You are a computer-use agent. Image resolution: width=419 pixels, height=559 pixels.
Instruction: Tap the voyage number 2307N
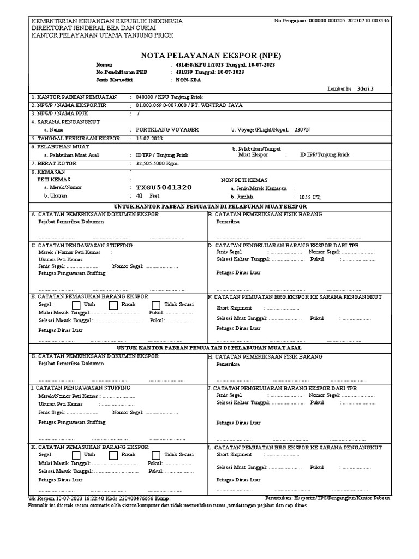pyautogui.click(x=302, y=130)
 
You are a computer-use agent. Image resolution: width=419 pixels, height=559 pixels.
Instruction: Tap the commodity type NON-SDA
pyautogui.click(x=188, y=80)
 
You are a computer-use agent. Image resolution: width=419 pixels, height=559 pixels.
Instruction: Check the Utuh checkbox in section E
pyautogui.click(x=76, y=305)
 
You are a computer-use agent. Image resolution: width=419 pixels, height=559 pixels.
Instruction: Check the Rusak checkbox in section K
pyautogui.click(x=115, y=455)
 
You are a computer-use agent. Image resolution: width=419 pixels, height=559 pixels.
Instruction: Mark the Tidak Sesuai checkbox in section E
pyautogui.click(x=156, y=305)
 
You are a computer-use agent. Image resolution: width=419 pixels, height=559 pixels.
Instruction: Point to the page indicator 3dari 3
pyautogui.click(x=366, y=88)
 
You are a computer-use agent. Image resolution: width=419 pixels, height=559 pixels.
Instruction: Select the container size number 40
pyautogui.click(x=139, y=196)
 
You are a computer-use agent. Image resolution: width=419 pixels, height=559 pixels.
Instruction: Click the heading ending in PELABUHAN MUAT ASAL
pyautogui.click(x=209, y=348)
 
